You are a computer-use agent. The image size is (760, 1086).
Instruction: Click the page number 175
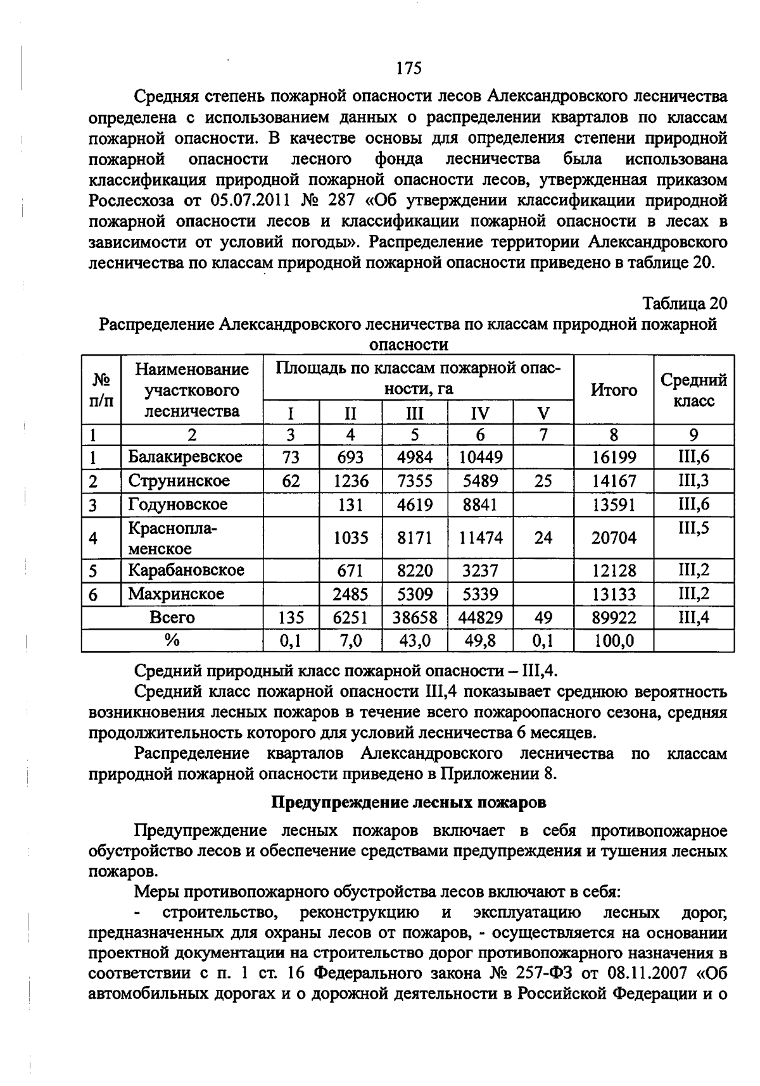pyautogui.click(x=408, y=68)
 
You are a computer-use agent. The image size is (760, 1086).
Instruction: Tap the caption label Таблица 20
pyautogui.click(x=685, y=303)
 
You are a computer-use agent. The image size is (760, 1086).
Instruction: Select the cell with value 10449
pyautogui.click(x=480, y=457)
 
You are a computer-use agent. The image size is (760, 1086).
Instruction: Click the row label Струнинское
pyautogui.click(x=179, y=481)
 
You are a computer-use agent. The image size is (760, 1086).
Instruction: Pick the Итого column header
pyautogui.click(x=613, y=390)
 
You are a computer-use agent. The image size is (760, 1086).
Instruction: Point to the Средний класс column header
pyautogui.click(x=693, y=390)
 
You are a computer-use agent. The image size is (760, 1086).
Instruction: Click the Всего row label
pyautogui.click(x=172, y=617)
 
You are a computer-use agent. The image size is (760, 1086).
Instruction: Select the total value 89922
pyautogui.click(x=613, y=618)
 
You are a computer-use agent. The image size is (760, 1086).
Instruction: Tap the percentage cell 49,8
pyautogui.click(x=480, y=641)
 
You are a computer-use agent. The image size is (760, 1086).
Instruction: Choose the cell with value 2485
pyautogui.click(x=351, y=594)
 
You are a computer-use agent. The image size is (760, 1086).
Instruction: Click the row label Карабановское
pyautogui.click(x=186, y=570)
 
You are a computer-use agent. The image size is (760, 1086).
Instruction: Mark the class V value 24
pyautogui.click(x=543, y=538)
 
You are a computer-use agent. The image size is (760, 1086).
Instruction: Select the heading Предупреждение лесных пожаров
pyautogui.click(x=408, y=802)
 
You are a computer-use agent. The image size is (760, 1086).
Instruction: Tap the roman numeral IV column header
pyautogui.click(x=480, y=414)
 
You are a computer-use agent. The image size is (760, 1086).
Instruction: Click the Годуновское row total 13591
pyautogui.click(x=613, y=505)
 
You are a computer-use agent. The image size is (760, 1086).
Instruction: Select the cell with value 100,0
pyautogui.click(x=613, y=641)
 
